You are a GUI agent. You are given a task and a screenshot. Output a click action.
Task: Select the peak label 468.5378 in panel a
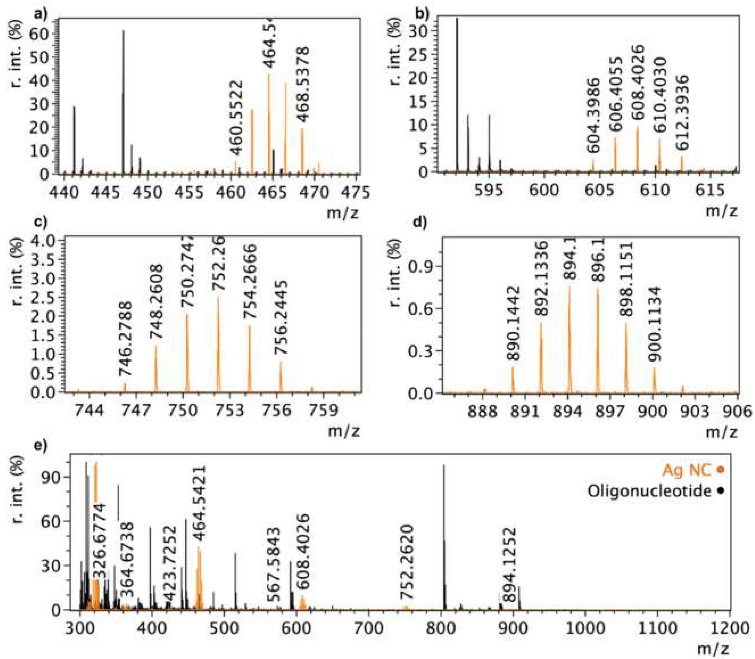pyautogui.click(x=304, y=85)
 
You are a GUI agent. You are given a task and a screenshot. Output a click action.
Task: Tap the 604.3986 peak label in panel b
pyautogui.click(x=593, y=115)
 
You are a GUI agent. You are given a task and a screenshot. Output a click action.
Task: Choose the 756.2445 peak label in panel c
pyautogui.click(x=281, y=317)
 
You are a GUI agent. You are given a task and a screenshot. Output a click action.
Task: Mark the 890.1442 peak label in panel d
pyautogui.click(x=513, y=324)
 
